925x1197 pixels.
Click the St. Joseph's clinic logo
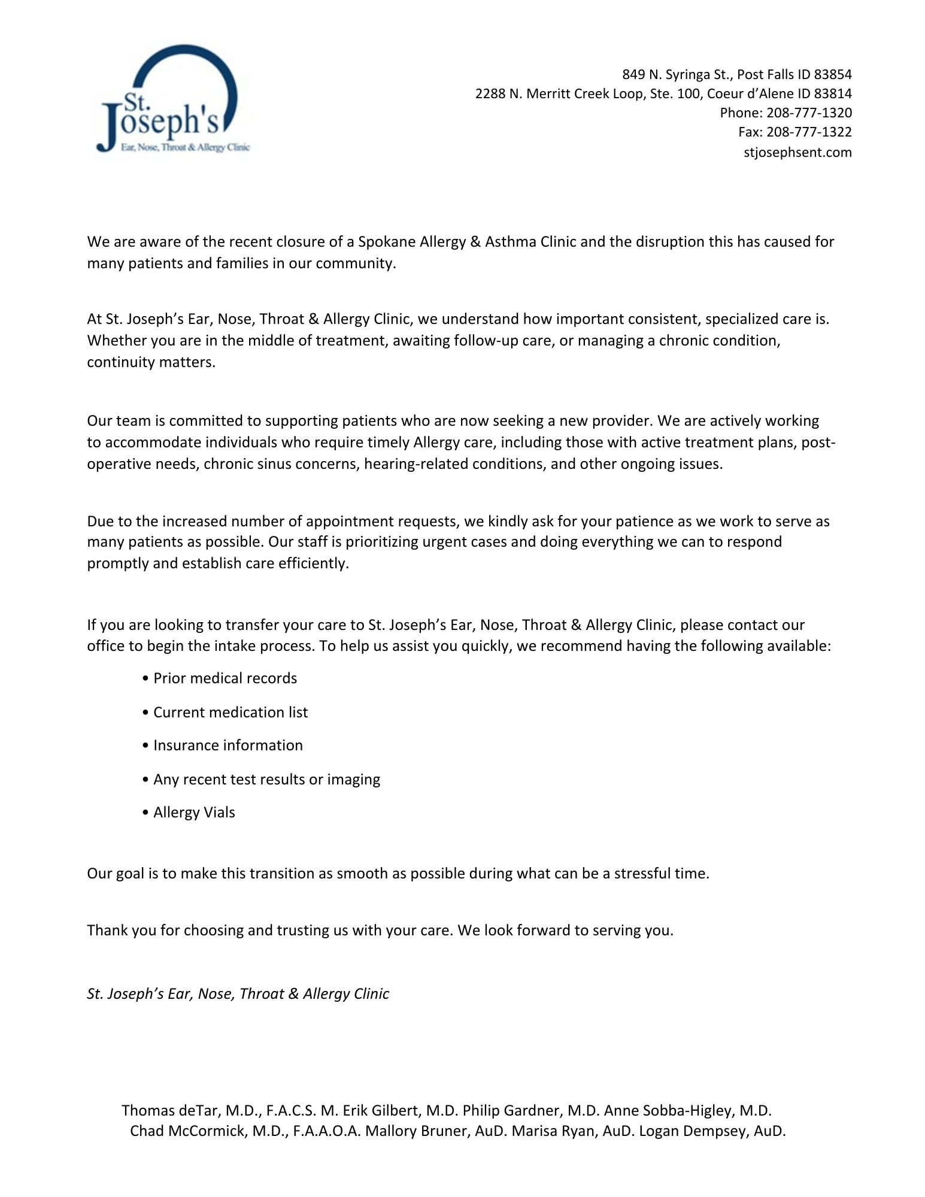(172, 99)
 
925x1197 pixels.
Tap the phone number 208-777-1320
(809, 113)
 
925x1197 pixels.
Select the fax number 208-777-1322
(809, 132)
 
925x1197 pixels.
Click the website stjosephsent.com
(797, 152)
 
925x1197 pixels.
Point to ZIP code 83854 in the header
(833, 74)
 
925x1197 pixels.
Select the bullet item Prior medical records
(225, 678)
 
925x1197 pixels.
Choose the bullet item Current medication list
(231, 713)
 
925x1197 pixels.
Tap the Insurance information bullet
(228, 746)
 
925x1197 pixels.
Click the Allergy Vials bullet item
(194, 813)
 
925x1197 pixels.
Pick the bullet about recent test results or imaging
(266, 780)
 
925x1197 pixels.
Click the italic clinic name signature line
(238, 994)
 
